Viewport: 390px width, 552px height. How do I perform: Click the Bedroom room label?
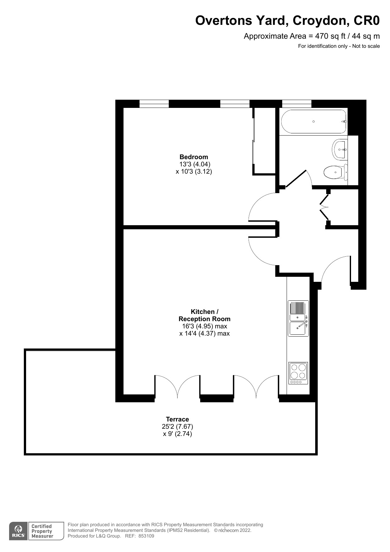click(194, 157)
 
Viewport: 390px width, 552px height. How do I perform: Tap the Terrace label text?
click(177, 419)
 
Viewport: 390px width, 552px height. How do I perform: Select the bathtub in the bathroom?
click(314, 121)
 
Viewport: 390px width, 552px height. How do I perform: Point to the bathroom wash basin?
click(340, 149)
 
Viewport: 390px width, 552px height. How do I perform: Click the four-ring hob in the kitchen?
click(298, 373)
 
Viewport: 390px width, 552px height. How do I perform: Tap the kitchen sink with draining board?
click(298, 318)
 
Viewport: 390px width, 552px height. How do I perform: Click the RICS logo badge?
click(18, 531)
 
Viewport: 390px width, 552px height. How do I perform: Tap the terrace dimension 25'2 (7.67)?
click(177, 427)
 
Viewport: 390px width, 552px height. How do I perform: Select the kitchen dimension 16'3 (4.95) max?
click(205, 326)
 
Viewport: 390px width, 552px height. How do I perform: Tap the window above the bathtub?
click(297, 104)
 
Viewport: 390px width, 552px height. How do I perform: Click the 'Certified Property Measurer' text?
click(42, 531)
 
